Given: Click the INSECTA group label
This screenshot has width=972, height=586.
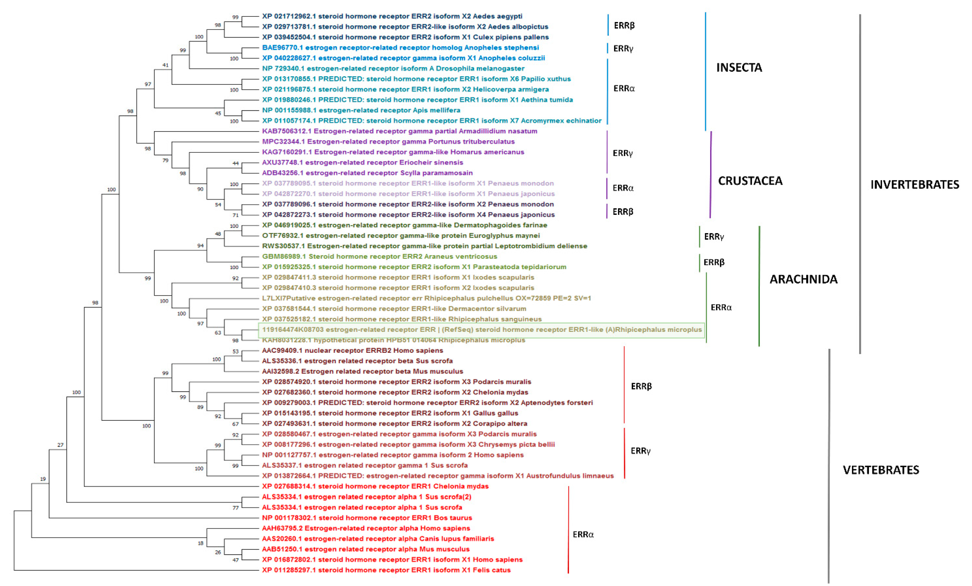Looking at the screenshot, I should click(739, 67).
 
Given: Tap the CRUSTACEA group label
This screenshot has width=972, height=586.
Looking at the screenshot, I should click(750, 181).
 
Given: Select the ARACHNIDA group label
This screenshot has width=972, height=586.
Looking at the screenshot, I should click(803, 279).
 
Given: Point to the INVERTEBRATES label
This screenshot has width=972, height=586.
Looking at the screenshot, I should click(914, 184).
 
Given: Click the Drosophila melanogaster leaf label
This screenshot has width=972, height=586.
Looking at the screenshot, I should click(393, 68).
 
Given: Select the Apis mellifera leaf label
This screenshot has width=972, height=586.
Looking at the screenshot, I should click(361, 110).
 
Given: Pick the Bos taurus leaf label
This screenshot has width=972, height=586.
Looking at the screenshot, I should click(367, 518).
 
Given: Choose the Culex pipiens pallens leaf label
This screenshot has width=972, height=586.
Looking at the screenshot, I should click(405, 37).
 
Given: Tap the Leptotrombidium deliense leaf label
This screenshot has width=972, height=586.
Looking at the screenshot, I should click(424, 246).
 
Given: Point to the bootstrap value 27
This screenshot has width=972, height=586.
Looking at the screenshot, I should click(60, 445).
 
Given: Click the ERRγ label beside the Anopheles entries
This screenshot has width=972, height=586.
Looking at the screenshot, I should click(623, 48).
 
